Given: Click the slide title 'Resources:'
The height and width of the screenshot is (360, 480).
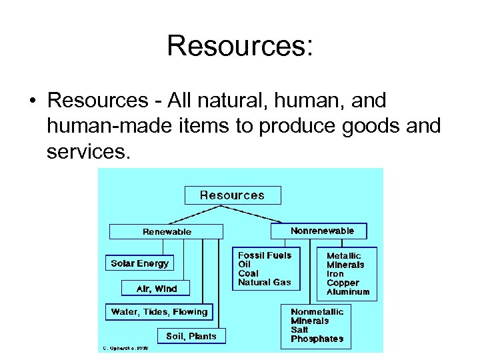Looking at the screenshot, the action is pos(240,46).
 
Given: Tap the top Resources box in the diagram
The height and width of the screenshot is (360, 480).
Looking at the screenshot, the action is pos(233,195).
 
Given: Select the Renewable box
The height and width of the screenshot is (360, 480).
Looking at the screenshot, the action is pos(167,231).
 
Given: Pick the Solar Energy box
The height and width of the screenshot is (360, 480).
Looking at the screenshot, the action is pos(140,263).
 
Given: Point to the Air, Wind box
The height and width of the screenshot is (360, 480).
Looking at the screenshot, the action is pos(157,288).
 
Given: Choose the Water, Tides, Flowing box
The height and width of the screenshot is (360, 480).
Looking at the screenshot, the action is pos(159,311).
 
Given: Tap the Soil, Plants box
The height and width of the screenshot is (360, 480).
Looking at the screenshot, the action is pos(191,336).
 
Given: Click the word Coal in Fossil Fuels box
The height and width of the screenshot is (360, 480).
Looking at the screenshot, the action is pos(248,273).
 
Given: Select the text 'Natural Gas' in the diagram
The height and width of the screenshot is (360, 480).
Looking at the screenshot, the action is pos(265,282).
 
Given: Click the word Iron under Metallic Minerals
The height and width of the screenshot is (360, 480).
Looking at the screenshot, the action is pos(335,274).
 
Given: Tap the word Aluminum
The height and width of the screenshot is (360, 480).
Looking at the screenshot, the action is pos(348,292).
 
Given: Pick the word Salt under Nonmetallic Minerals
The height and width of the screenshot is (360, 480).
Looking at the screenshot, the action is pos(300,329).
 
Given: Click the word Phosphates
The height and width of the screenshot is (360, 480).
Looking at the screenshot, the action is pos(317,339).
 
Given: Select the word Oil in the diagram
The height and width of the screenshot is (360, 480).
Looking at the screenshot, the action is pos(245,264).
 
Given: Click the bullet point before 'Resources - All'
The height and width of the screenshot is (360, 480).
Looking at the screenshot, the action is pos(32,101).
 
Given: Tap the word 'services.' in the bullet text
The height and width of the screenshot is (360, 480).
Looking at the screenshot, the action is pos(86,152).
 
